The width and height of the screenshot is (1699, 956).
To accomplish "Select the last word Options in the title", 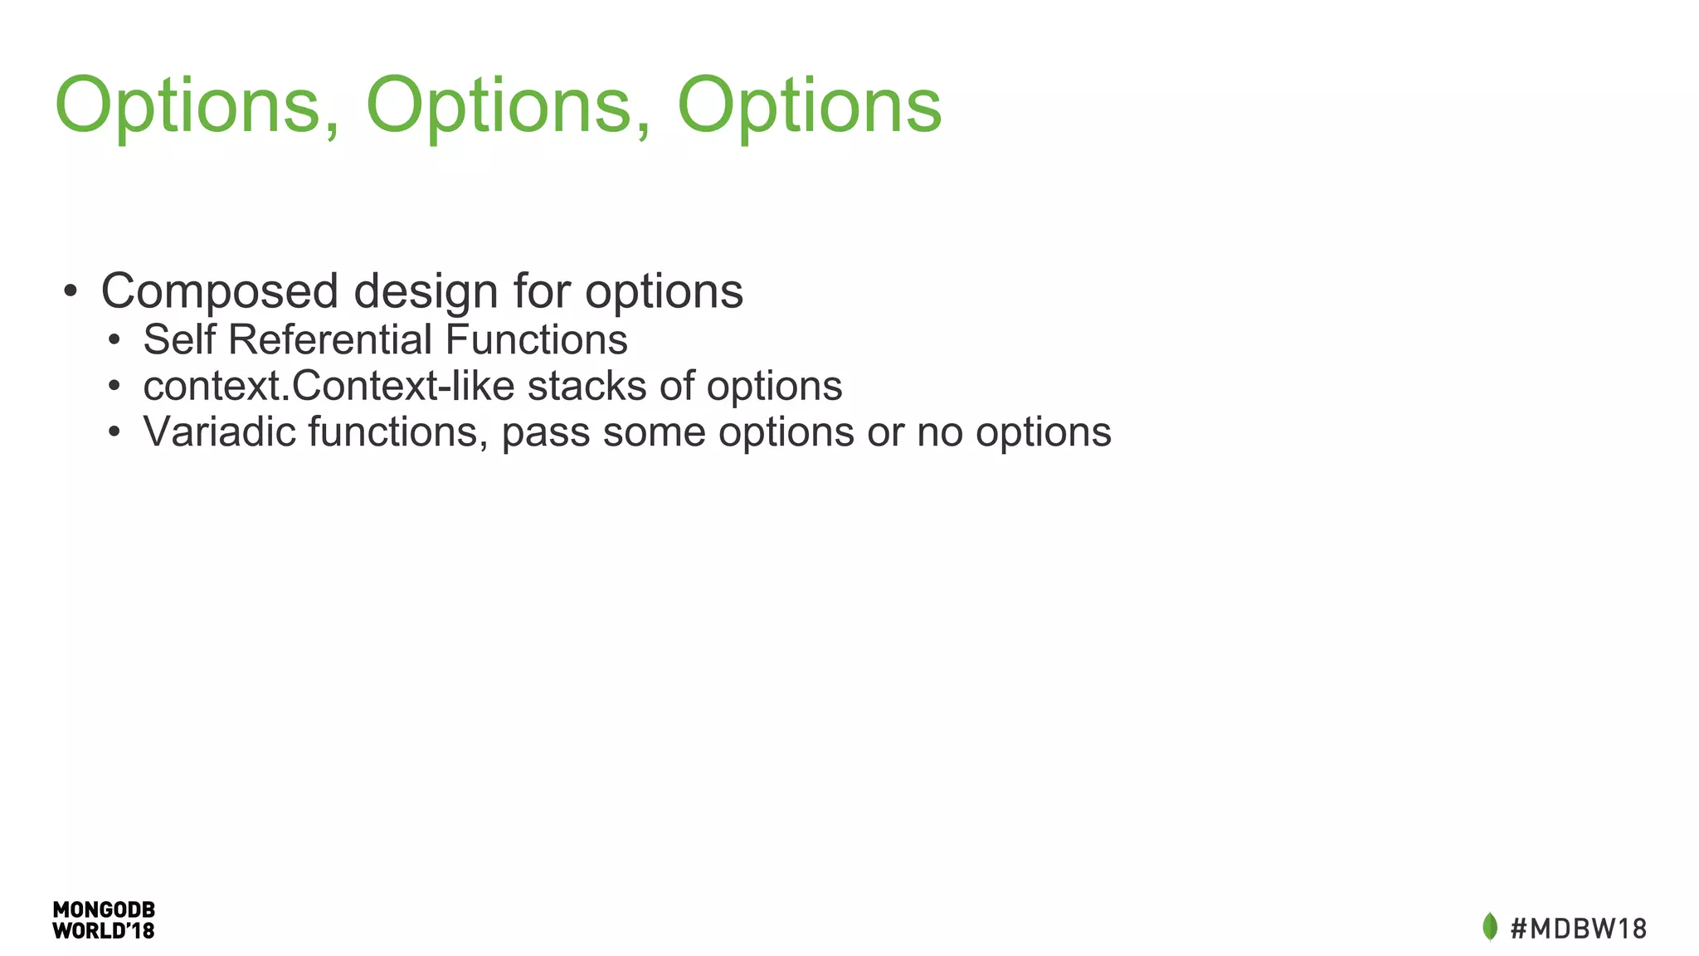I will tap(809, 105).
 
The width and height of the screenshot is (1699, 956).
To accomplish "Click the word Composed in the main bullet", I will tap(220, 291).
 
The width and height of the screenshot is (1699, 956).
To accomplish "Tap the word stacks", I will tap(587, 386).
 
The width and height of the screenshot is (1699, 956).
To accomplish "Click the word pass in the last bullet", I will tap(546, 433).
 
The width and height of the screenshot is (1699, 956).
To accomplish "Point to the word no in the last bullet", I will tap(939, 433).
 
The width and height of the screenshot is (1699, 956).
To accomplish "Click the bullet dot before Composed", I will tap(71, 292).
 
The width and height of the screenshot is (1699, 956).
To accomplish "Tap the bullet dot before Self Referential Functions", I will tap(114, 340).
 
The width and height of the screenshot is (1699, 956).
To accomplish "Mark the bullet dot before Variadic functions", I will tap(114, 432).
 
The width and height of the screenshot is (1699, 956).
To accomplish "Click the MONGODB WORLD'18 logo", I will tap(104, 920).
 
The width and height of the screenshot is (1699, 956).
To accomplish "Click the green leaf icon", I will tap(1490, 927).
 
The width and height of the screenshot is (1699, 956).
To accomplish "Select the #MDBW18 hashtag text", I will tap(1578, 929).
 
